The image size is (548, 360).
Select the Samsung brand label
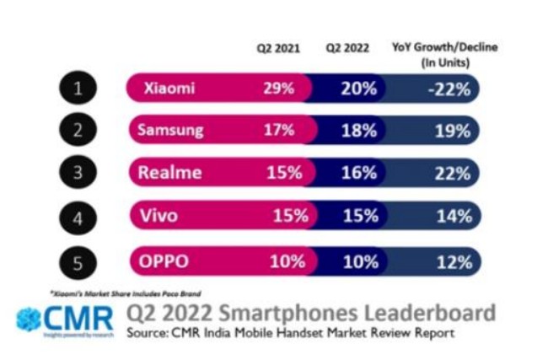pyautogui.click(x=170, y=131)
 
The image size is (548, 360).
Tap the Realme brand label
pyautogui.click(x=169, y=173)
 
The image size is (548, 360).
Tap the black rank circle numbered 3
pyautogui.click(x=78, y=173)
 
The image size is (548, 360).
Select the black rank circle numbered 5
pyautogui.click(x=78, y=261)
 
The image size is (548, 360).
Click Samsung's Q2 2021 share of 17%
pyautogui.click(x=280, y=131)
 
